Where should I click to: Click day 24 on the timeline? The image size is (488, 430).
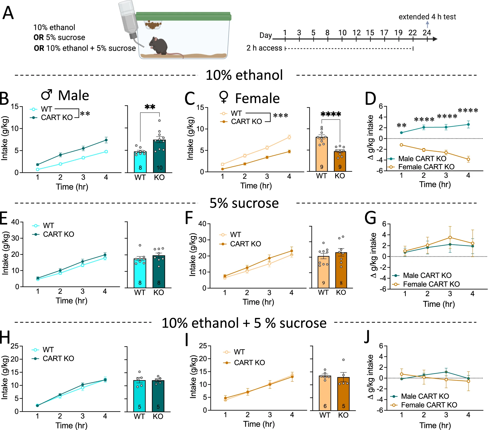427,33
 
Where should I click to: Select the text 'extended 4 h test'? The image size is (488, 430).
427,17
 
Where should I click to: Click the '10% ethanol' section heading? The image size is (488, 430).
244,75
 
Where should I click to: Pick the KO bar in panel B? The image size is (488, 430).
159,156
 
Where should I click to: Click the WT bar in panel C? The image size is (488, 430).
322,154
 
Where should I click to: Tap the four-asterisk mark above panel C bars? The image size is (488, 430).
331,114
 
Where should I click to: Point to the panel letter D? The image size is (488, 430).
370,99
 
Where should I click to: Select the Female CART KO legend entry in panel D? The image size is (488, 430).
426,167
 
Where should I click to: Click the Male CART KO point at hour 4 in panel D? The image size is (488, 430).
468,124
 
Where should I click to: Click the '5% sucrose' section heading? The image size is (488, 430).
244,203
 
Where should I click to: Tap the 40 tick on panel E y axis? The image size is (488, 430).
15,222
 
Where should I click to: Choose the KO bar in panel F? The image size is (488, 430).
341,270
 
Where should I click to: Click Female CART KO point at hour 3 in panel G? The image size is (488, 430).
450,237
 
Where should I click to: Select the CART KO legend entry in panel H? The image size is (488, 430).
58,359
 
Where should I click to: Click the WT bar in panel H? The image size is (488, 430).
139,396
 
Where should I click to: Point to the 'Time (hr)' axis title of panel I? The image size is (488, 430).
259,424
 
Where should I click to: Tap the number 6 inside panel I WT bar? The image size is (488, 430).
325,406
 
